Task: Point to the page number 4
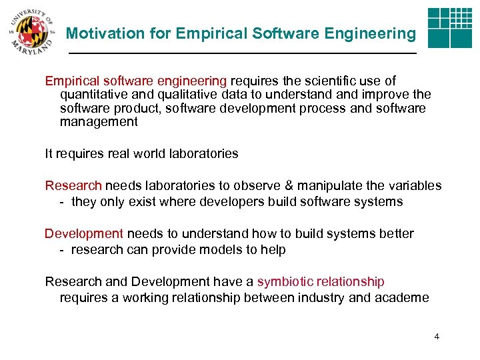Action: (x=436, y=337)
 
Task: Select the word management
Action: (x=99, y=122)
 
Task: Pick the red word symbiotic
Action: (x=285, y=282)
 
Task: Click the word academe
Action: (x=400, y=298)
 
